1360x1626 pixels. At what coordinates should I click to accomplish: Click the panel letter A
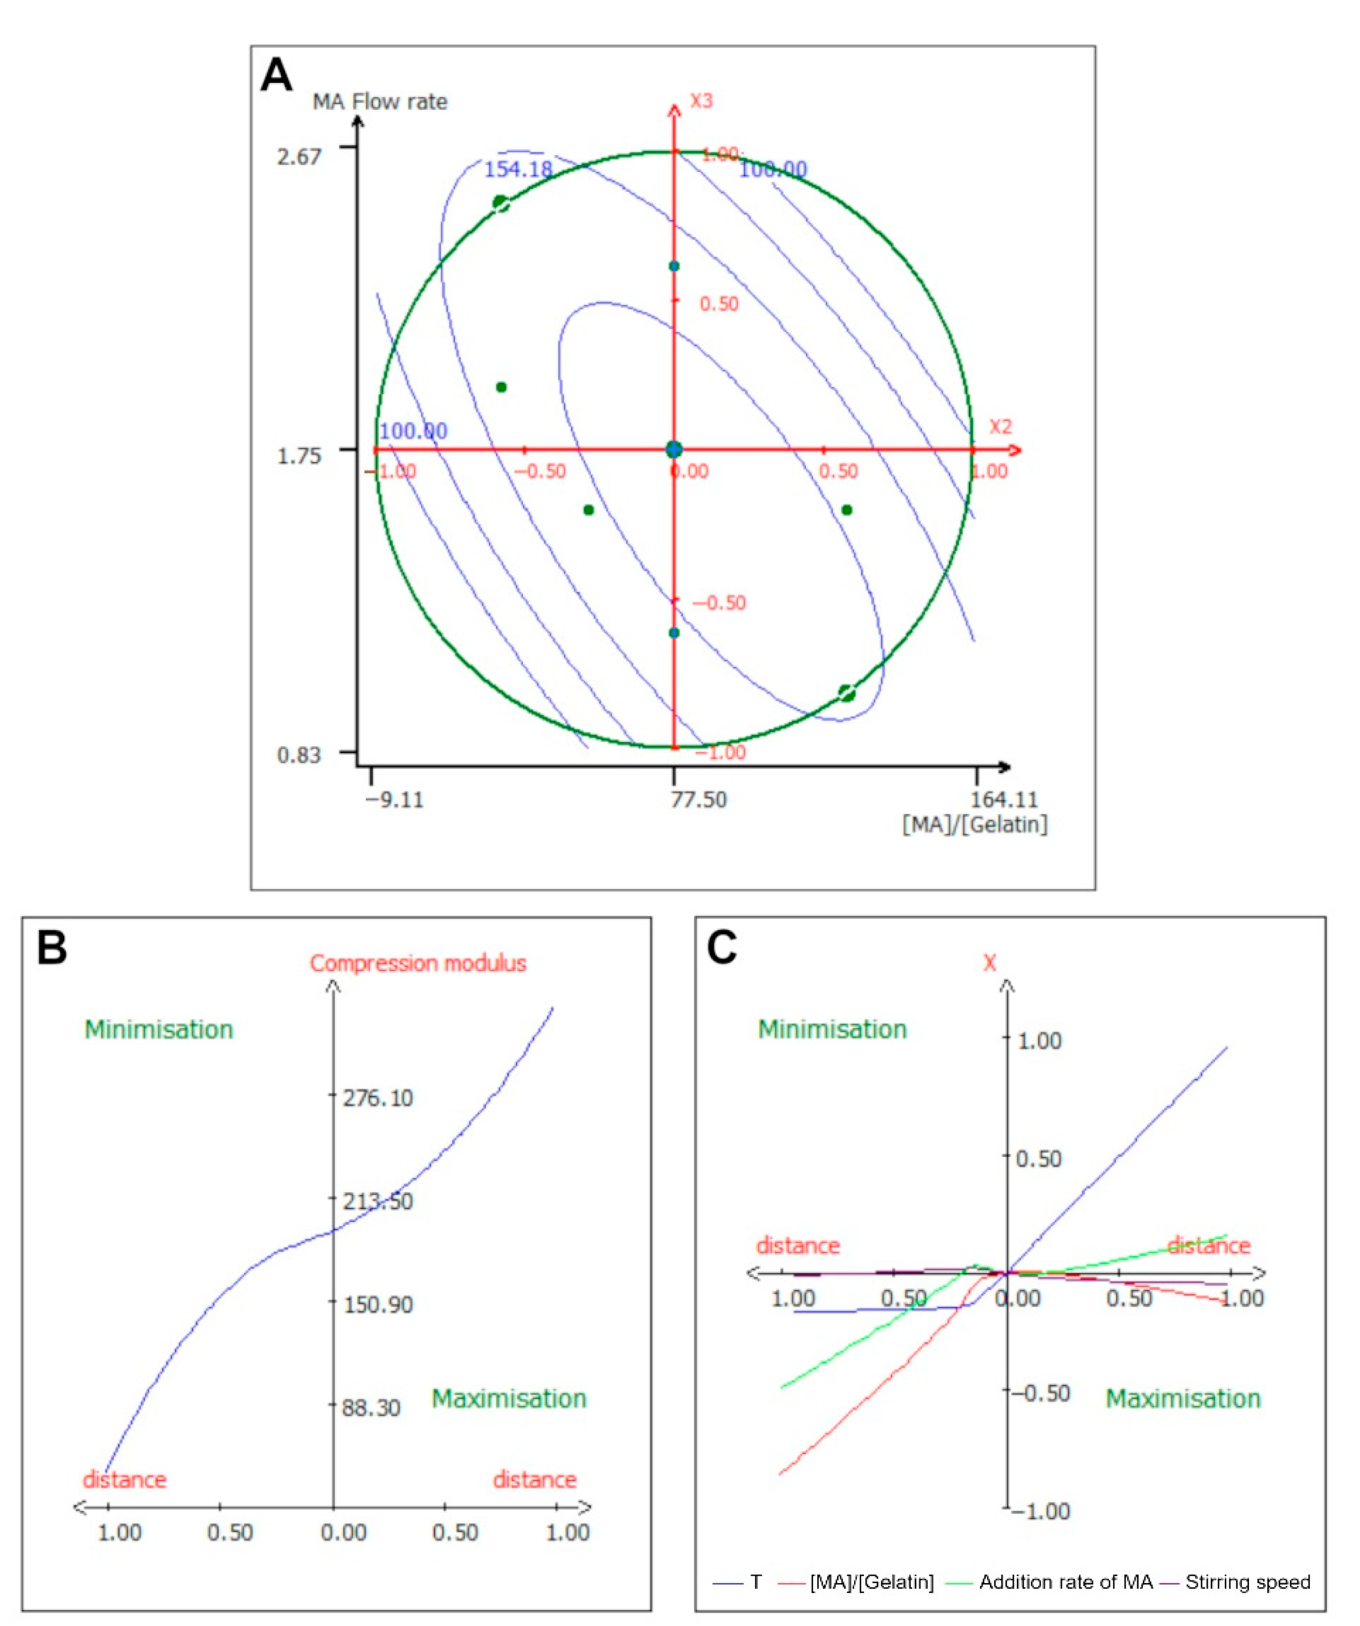click(x=276, y=76)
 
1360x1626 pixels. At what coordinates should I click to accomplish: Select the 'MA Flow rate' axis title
click(x=379, y=102)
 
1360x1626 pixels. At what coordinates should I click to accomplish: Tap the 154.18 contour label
click(x=518, y=169)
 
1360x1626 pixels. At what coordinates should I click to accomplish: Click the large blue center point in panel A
click(x=673, y=449)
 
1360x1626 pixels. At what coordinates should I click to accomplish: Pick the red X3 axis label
click(x=701, y=101)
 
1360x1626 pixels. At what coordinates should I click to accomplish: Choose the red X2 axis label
click(x=1000, y=427)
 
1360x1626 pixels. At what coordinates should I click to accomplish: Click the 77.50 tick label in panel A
click(x=698, y=799)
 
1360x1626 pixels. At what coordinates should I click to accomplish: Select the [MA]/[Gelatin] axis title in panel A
click(x=974, y=824)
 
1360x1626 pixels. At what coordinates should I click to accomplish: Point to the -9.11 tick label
click(x=395, y=799)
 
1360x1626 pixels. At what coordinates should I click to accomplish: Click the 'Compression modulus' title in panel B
click(x=418, y=963)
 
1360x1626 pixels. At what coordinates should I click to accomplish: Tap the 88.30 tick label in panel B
click(x=372, y=1408)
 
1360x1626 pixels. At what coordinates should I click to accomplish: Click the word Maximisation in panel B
click(x=508, y=1398)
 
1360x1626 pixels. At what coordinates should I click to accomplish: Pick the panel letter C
click(x=721, y=948)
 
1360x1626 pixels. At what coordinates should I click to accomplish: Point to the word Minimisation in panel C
click(x=832, y=1029)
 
